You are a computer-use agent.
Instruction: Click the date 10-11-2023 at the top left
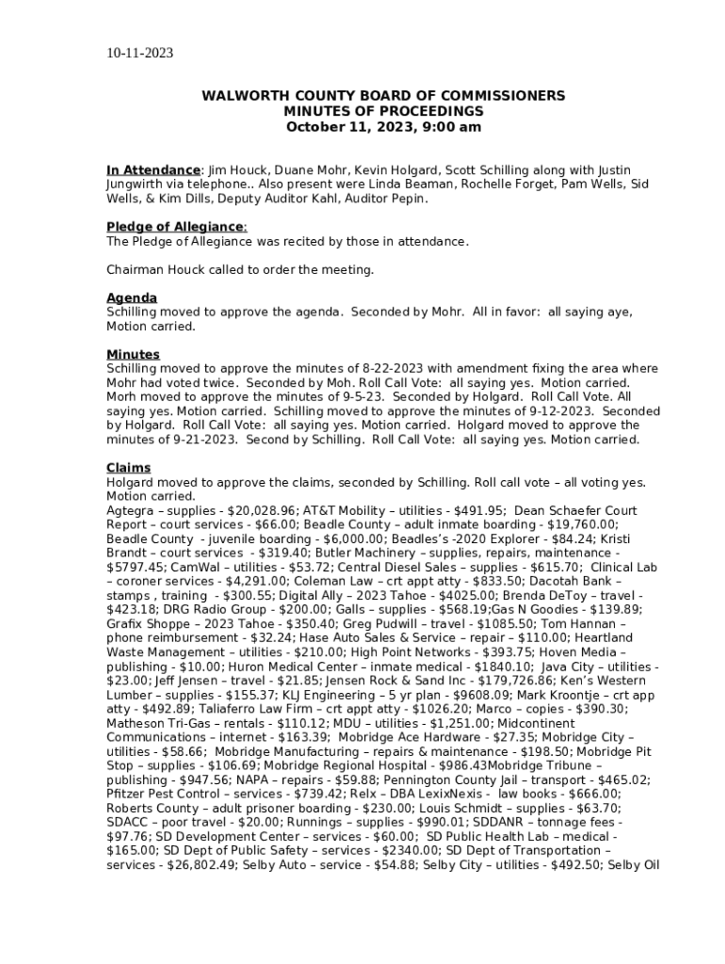point(139,53)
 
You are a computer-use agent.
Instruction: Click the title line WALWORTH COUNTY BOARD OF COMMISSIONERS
point(383,96)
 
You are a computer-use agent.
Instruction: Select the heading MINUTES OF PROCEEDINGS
point(383,111)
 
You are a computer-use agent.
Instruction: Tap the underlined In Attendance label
point(153,170)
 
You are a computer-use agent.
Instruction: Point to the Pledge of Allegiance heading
point(175,227)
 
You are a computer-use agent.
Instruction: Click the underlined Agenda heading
point(132,298)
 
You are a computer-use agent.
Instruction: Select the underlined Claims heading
point(128,468)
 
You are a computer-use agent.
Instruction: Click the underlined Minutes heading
point(133,355)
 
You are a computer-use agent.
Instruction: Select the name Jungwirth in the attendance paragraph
point(137,185)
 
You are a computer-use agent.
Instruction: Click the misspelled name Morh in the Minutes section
point(123,397)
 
